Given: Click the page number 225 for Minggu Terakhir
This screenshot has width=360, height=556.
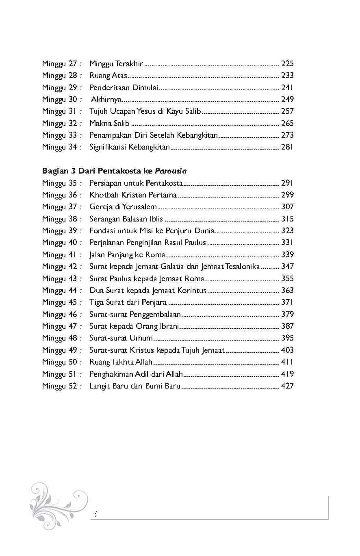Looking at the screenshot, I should [287, 63].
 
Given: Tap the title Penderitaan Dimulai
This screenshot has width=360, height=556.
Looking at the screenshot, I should [124, 87].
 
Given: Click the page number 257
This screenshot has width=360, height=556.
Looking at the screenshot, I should [287, 111].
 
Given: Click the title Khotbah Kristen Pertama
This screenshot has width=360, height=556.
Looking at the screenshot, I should [133, 195].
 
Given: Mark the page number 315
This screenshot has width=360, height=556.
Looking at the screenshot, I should [287, 219].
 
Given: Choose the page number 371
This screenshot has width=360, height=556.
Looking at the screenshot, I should [287, 302].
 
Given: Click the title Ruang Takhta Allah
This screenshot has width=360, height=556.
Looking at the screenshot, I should [121, 362].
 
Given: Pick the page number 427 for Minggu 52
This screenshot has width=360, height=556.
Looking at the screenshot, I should [287, 386].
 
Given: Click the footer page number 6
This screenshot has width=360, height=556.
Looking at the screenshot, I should [95, 514].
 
